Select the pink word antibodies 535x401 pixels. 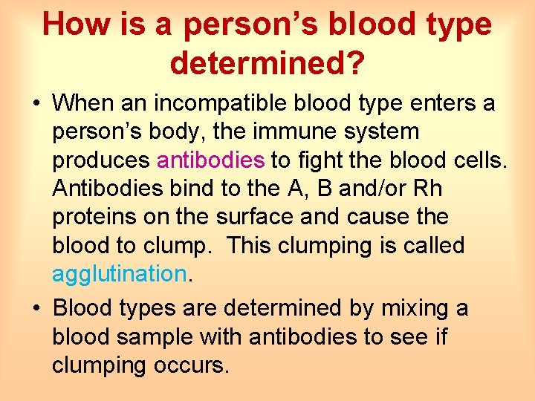(211, 160)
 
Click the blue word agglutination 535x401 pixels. (119, 274)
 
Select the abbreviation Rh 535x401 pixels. (426, 189)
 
